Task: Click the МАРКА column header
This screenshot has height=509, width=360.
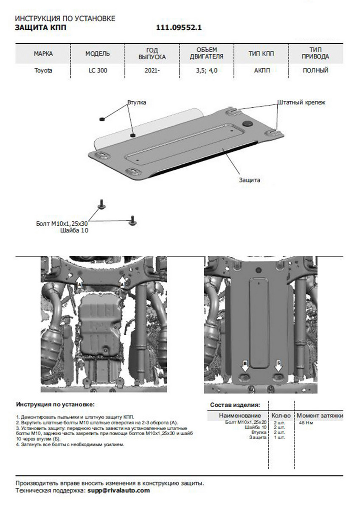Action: click(43, 54)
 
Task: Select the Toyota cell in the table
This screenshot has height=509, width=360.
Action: click(43, 71)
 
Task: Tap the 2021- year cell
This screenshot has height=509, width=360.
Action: click(152, 71)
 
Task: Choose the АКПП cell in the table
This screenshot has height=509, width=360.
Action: click(261, 71)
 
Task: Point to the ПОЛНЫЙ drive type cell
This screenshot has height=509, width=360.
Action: click(315, 71)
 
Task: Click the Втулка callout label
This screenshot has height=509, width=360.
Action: click(137, 103)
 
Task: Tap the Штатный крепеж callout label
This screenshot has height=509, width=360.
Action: click(301, 103)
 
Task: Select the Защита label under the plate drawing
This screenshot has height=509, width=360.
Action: click(249, 180)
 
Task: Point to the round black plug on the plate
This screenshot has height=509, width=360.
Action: click(247, 123)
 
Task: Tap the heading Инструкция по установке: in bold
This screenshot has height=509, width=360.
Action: click(55, 405)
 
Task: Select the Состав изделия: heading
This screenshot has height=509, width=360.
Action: click(235, 406)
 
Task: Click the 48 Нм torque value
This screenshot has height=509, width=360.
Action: click(306, 423)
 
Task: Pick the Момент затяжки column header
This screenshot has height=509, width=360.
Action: click(319, 416)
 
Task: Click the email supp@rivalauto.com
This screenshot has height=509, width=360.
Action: click(119, 490)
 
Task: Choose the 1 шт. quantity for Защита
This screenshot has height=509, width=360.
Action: click(280, 437)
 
